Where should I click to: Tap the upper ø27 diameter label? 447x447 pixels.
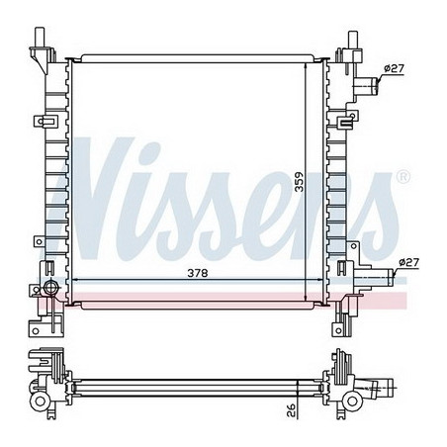click(x=395, y=67)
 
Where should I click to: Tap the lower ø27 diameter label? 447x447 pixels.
click(x=407, y=262)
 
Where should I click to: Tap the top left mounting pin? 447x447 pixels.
click(x=41, y=41)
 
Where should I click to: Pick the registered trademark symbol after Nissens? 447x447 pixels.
click(x=402, y=176)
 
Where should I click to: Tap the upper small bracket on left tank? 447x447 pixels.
click(x=45, y=122)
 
